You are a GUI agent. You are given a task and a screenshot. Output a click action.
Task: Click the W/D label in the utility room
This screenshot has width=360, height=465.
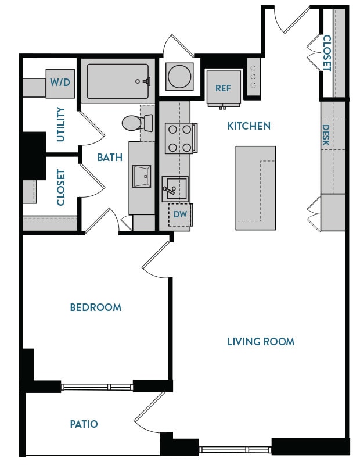59,83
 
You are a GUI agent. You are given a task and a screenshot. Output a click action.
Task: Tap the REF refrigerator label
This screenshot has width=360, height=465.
224,88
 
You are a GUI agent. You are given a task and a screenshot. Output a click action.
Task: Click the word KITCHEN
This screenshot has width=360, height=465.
249,126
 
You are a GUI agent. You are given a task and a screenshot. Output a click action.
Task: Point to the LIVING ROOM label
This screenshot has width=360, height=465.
261,341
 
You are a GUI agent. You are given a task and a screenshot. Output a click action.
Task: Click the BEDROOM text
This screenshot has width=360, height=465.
96,307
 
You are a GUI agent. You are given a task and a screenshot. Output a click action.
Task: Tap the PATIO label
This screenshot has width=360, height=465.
84,424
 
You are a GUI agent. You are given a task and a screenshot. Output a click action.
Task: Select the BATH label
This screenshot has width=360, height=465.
110,157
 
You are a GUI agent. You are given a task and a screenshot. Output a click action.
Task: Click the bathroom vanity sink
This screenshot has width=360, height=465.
142,176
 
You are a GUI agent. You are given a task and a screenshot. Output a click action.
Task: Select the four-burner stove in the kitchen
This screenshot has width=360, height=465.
179,138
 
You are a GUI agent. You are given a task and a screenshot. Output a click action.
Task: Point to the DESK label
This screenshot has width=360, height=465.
326,135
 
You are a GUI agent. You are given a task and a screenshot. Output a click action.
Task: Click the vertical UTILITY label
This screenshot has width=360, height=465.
61,125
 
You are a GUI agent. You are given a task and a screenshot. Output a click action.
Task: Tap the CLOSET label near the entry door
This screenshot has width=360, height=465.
327,53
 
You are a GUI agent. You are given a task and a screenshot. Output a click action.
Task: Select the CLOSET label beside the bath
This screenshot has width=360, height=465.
61,187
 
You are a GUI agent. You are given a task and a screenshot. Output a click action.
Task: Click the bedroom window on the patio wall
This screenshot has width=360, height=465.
97,387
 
